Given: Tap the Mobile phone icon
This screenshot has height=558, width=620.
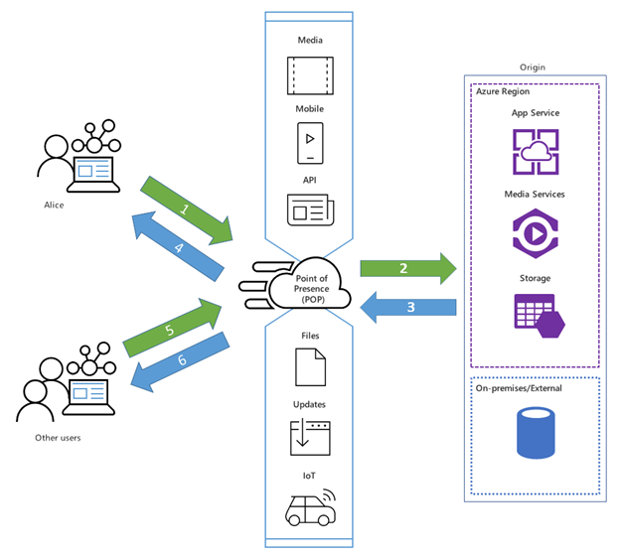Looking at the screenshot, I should [310, 143].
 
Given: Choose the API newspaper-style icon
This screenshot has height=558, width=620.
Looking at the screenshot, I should [310, 209].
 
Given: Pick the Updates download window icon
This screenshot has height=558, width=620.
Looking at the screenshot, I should [310, 437].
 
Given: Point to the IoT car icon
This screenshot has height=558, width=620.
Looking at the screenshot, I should [310, 507].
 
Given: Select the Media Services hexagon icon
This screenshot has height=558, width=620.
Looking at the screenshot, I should [537, 233].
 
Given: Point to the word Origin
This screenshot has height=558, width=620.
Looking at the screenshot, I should [534, 67].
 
